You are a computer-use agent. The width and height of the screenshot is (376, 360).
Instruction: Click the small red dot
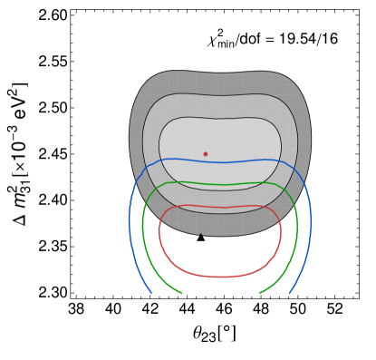(x=205, y=154)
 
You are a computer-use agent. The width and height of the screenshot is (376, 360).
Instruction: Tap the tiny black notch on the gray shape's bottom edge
(x=201, y=235)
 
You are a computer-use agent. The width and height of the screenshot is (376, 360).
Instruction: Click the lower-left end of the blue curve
(x=150, y=293)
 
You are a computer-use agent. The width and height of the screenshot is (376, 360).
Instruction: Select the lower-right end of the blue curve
(x=290, y=293)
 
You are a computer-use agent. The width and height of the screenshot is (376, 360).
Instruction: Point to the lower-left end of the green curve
(x=182, y=293)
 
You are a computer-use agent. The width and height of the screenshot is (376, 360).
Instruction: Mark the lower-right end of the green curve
(x=260, y=293)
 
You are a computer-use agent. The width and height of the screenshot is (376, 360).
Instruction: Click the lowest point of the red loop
(x=220, y=277)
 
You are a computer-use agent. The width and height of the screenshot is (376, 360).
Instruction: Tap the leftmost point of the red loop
(x=159, y=232)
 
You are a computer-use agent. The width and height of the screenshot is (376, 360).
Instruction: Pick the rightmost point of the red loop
(x=281, y=232)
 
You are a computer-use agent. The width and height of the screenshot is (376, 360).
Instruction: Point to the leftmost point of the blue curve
(x=130, y=222)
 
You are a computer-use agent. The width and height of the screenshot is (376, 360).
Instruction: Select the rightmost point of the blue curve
(x=311, y=222)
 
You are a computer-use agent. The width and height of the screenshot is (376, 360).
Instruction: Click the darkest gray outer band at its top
(x=220, y=83)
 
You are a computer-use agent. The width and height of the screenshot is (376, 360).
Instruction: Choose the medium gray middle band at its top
(x=220, y=106)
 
